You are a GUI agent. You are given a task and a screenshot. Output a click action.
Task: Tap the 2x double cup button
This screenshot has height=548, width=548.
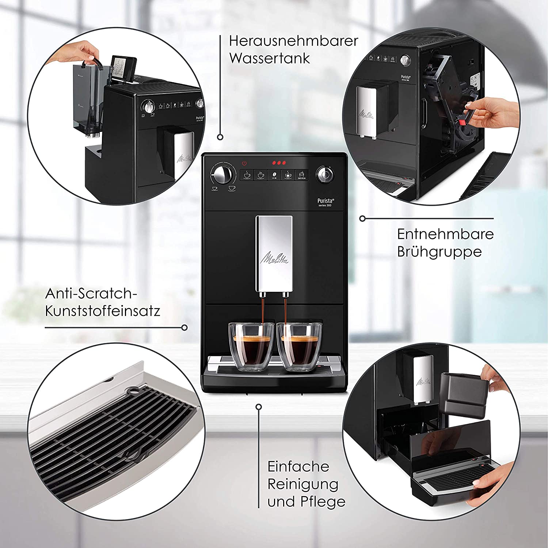tap(260, 175)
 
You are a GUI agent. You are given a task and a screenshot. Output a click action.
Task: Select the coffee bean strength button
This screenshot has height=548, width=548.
tap(274, 175)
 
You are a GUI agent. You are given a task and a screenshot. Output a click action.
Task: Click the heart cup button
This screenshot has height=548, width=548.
tap(288, 175)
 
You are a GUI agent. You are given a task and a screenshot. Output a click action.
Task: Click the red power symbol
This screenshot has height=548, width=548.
tap(244, 163)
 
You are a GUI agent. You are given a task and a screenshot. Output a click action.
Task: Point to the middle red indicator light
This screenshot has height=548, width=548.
tap(279, 163)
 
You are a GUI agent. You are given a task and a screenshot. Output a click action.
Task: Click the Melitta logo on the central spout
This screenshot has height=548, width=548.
tap(274, 258)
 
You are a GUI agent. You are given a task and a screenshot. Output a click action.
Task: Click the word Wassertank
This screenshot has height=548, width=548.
tap(270, 58)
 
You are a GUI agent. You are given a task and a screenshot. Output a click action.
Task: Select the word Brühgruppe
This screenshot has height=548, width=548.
tap(439, 252)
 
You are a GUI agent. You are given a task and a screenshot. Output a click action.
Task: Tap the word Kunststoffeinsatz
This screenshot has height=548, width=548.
tap(103, 311)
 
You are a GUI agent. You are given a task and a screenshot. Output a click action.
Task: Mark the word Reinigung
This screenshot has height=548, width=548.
tap(303, 484)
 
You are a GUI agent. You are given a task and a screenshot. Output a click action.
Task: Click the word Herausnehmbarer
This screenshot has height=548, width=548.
tap(293, 41)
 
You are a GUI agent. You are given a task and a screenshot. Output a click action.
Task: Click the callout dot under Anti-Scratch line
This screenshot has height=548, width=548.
tap(184, 328)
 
